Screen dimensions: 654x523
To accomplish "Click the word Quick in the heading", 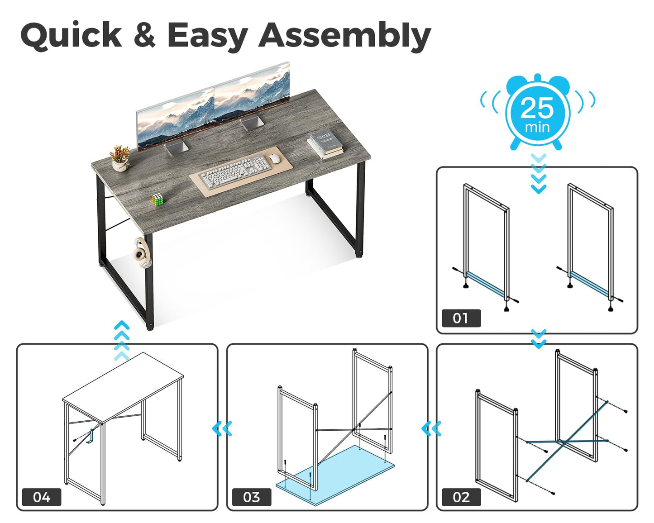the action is (x=71, y=35).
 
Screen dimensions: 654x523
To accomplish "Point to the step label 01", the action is (x=461, y=318).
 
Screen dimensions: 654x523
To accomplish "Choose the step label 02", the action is (x=461, y=498).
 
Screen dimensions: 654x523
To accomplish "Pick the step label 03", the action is (x=251, y=498).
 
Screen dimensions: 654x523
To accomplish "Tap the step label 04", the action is (x=42, y=498).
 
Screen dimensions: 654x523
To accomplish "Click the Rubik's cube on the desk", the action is (x=158, y=200).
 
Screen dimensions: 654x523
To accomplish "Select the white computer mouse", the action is (x=274, y=158).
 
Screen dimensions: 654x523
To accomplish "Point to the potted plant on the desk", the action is (x=120, y=158).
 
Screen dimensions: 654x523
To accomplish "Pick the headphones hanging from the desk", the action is (x=143, y=253).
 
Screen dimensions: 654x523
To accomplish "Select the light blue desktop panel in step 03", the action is (x=335, y=476).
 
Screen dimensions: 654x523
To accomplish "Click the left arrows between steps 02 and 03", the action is (x=431, y=429).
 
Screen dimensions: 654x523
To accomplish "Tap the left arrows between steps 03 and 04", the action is (x=222, y=429).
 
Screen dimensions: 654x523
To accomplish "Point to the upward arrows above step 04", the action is (x=122, y=341).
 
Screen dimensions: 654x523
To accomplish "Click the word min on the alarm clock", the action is (x=537, y=127).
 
